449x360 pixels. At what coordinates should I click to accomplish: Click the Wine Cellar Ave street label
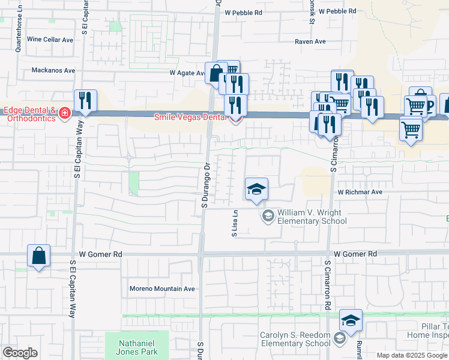(50, 40)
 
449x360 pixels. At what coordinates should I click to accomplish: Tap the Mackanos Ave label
(54, 70)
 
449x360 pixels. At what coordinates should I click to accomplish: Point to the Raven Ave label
(310, 41)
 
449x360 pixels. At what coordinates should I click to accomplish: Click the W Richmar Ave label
(360, 193)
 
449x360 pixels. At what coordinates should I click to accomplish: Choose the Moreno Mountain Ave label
(162, 289)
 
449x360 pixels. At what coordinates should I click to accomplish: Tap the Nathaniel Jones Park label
(132, 347)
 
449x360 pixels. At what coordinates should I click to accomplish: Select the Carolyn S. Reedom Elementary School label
(295, 339)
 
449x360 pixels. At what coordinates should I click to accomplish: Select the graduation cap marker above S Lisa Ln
(256, 190)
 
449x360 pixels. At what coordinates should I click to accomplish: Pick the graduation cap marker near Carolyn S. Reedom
(351, 320)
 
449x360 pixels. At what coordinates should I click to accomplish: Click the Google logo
(20, 353)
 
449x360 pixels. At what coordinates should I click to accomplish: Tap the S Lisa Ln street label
(235, 223)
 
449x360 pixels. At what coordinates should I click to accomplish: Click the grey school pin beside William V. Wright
(267, 215)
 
